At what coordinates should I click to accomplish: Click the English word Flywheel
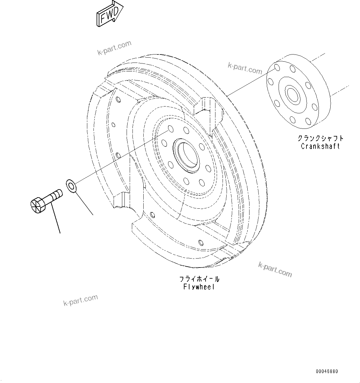199,287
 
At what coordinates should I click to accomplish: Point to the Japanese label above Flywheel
199,279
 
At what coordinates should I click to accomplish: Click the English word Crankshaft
320,146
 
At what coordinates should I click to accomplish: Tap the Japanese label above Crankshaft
320,138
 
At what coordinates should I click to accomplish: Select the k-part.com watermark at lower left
80,300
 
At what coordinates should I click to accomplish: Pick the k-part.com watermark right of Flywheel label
275,269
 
